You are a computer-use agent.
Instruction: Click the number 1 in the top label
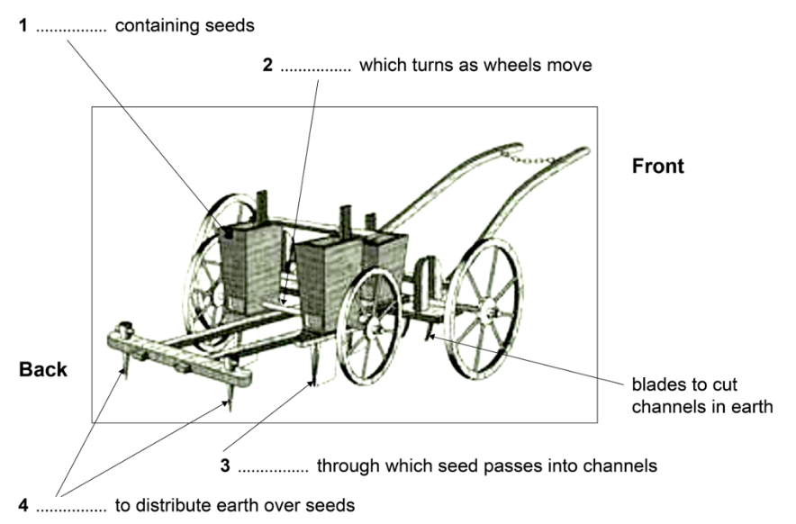click(x=26, y=26)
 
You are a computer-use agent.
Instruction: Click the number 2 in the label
click(x=267, y=68)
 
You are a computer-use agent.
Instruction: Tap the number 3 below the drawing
click(x=227, y=466)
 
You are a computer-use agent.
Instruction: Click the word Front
click(x=657, y=167)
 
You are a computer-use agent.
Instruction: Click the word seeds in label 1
click(x=233, y=26)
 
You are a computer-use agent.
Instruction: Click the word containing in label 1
click(x=154, y=26)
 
